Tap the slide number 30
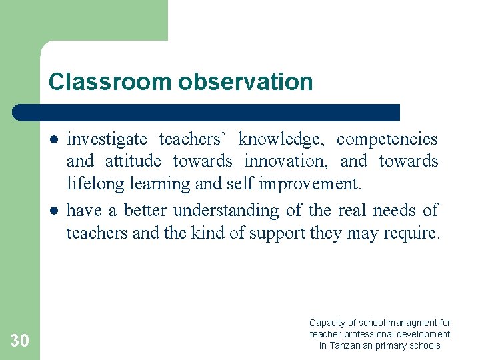[x=20, y=341]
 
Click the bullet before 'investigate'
[x=52, y=139]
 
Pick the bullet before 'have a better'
[x=52, y=211]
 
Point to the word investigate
[x=107, y=139]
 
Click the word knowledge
[x=281, y=139]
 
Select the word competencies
[x=387, y=139]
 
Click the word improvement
[x=312, y=183]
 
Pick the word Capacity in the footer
[x=327, y=323]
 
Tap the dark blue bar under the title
[x=207, y=112]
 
